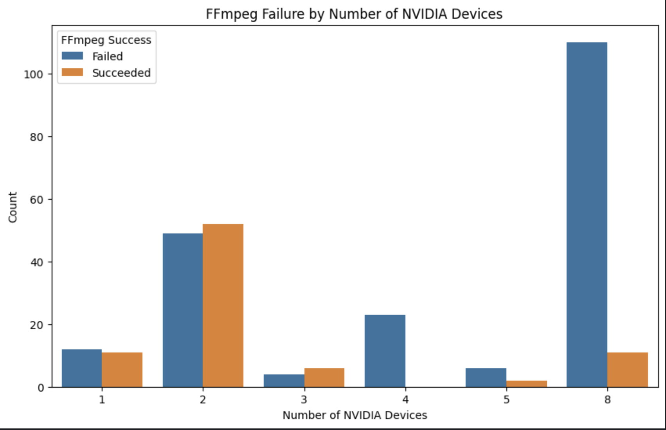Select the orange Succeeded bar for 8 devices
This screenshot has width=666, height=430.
point(627,370)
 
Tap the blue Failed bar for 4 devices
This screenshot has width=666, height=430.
point(385,351)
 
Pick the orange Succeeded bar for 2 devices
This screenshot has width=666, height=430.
point(223,305)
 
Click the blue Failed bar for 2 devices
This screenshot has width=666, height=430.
point(182,310)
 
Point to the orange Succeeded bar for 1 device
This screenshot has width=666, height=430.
point(122,370)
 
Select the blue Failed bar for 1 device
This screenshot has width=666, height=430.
point(81,368)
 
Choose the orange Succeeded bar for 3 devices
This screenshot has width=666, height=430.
point(324,378)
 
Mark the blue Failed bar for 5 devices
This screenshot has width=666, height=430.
point(486,378)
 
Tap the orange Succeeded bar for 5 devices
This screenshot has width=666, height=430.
point(526,384)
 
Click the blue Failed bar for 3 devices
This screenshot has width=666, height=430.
point(284,381)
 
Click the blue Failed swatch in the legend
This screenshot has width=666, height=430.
point(72,56)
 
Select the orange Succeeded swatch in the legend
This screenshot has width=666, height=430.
point(72,72)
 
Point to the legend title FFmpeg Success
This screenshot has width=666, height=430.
point(106,40)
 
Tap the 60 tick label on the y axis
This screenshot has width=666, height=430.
point(37,199)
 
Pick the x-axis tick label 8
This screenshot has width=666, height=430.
point(607,399)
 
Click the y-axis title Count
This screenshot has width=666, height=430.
point(13,207)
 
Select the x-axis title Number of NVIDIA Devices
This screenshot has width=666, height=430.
point(355,415)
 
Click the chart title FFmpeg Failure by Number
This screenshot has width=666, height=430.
point(354,14)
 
